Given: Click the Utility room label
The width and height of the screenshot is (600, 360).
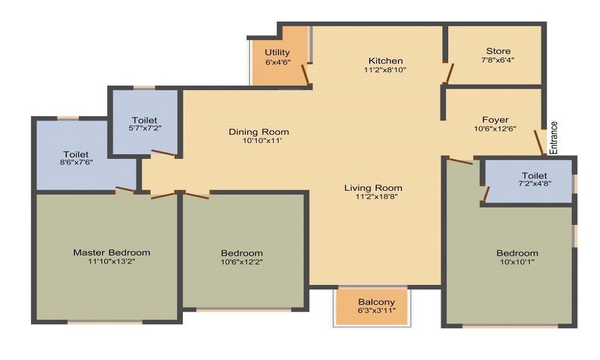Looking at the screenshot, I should point(277,53).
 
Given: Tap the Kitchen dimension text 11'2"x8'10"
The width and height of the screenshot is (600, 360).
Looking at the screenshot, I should point(385,70).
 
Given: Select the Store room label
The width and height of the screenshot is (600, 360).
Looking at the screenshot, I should point(498,51).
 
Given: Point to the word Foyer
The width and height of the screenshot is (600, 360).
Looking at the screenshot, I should point(495,119).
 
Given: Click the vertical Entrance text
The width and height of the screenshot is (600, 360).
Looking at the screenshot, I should point(554,138).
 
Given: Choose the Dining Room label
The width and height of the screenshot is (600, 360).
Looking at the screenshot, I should point(259,131).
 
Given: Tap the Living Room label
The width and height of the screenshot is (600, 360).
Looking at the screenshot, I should point(373,188).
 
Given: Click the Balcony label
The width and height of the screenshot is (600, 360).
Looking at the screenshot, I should point(376,302).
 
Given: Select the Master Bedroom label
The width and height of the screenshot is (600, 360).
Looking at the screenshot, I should point(112,252).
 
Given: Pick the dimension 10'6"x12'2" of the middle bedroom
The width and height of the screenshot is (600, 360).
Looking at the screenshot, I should point(242,262).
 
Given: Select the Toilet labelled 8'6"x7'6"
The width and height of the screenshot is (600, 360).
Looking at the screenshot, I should point(76,154).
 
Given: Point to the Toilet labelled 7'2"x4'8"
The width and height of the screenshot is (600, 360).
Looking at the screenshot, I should point(534,176).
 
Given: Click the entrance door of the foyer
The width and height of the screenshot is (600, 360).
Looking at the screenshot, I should point(539,142).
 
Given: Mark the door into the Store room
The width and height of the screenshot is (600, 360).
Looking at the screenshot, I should point(448,73).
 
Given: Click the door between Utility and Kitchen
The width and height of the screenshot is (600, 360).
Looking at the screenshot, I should point(305,74).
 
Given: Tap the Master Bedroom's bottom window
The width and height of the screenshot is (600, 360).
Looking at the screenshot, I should point(105,322).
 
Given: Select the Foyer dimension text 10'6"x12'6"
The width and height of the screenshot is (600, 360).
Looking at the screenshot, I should point(495,128).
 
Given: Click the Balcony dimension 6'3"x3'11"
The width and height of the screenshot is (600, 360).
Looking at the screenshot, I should point(376,311).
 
